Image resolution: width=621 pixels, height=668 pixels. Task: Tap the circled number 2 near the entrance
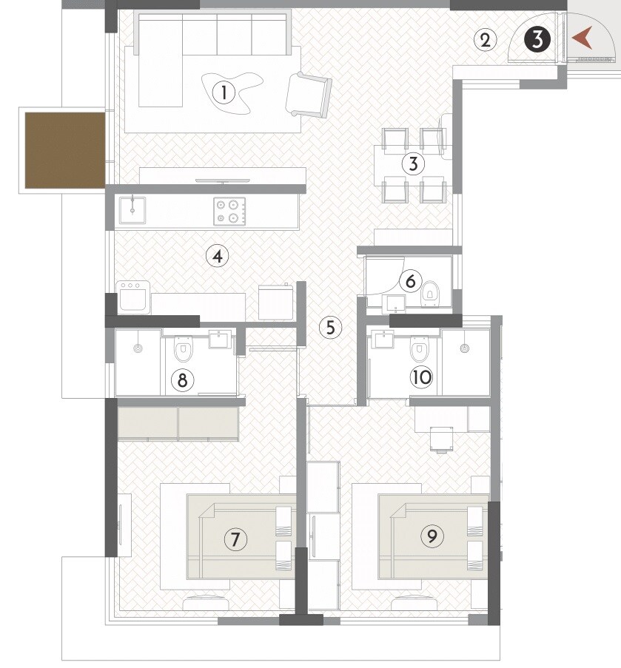point(485,39)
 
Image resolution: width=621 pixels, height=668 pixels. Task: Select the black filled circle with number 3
point(538,39)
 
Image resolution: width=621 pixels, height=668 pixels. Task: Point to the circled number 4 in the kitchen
point(217,257)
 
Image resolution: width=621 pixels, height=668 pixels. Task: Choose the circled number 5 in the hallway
point(330,326)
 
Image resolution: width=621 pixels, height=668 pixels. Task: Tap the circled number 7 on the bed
point(235,539)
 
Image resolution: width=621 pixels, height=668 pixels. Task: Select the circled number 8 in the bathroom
point(182,380)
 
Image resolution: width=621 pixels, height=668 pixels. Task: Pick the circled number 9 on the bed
point(432,536)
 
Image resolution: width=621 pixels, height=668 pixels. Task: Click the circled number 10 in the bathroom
point(421,377)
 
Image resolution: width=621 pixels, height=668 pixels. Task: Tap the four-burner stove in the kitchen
point(228,211)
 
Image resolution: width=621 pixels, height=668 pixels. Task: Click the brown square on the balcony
point(64,149)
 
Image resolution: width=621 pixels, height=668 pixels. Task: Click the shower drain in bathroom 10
point(464,346)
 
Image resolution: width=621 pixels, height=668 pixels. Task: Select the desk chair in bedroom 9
point(441,438)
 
